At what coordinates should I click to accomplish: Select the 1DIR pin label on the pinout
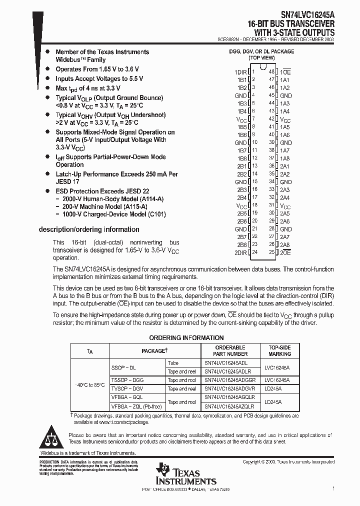pyautogui.click(x=241, y=72)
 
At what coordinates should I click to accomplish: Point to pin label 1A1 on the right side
pyautogui.click(x=285, y=80)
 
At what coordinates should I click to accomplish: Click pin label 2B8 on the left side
pyautogui.click(x=242, y=245)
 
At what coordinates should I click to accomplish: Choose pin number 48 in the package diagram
pyautogui.click(x=271, y=72)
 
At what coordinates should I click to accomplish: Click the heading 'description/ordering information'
pyautogui.click(x=89, y=229)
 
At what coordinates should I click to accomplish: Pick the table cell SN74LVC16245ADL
pyautogui.click(x=226, y=363)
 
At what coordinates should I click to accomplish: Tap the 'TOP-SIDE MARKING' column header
pyautogui.click(x=279, y=350)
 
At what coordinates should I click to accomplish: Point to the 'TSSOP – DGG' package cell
pyautogui.click(x=127, y=380)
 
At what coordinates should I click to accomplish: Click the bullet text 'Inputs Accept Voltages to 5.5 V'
pyautogui.click(x=99, y=78)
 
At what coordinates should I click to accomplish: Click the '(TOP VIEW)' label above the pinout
pyautogui.click(x=262, y=58)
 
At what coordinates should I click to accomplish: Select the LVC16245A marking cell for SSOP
pyautogui.click(x=279, y=367)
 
